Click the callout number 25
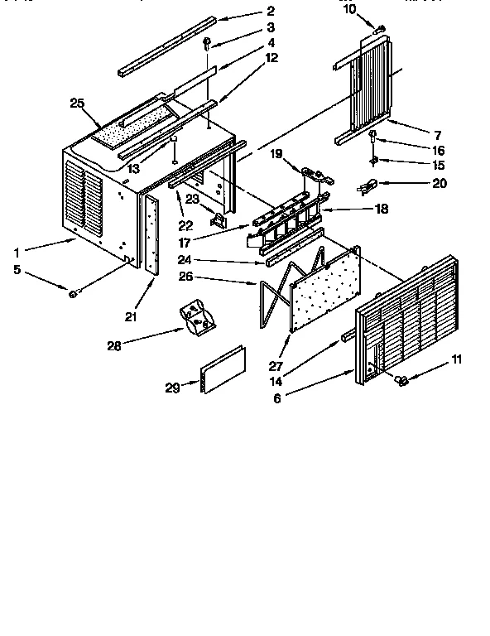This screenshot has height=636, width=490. [77, 103]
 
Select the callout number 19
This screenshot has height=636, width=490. [276, 154]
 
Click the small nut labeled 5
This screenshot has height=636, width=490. [74, 293]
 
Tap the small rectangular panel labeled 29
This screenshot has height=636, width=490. [223, 369]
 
